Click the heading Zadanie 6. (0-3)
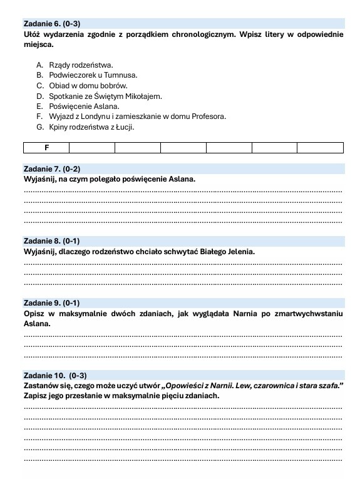click(52, 23)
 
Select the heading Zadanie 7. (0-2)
click(52, 169)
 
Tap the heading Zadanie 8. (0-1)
click(52, 241)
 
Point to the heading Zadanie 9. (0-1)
click(52, 302)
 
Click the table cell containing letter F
click(46, 148)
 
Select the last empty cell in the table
click(320, 148)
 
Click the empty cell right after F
click(92, 148)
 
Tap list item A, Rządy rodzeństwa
click(78, 64)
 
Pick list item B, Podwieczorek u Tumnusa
click(87, 75)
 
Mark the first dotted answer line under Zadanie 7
click(183, 190)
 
